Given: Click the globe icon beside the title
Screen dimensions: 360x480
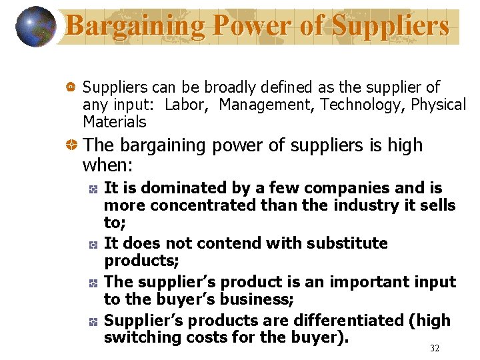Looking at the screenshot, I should coord(35,27).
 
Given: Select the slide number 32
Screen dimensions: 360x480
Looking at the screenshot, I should coord(435,348).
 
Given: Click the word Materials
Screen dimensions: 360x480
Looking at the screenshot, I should coord(114,122).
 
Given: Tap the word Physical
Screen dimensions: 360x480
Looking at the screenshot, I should coord(438,105).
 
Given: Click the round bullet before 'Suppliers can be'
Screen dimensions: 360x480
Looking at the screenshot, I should coord(69,87).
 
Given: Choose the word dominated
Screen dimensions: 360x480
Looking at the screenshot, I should coord(181,189).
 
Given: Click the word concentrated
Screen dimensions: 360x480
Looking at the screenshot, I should coord(203,205).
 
